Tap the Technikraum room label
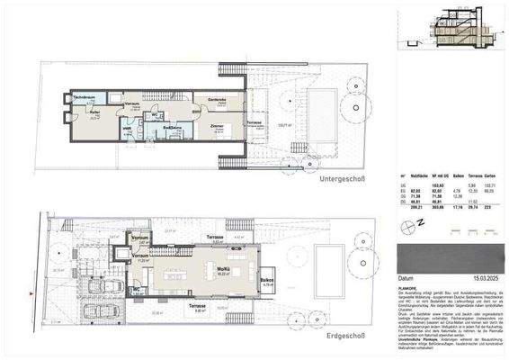84,96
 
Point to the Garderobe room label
217,99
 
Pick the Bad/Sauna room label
173,128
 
